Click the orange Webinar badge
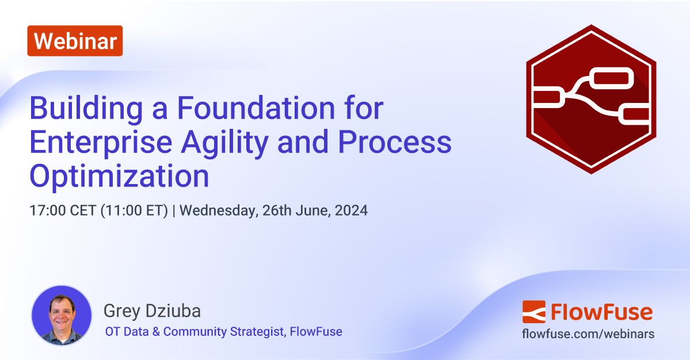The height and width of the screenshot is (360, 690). [x=75, y=41]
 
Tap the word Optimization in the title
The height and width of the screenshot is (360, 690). [x=119, y=177]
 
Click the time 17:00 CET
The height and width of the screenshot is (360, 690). [x=63, y=210]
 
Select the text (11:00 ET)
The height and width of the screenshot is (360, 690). [x=135, y=210]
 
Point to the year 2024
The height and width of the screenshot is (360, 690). [x=352, y=210]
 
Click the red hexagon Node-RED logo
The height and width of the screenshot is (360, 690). [x=591, y=99]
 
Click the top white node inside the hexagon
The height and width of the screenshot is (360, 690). [x=612, y=78]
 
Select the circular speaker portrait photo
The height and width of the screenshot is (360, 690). [x=61, y=315]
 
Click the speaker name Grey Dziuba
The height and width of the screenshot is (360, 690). [x=153, y=311]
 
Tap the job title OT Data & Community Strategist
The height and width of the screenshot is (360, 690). [x=195, y=332]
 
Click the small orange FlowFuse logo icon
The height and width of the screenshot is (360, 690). [x=533, y=312]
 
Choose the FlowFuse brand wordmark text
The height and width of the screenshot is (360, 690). [x=601, y=312]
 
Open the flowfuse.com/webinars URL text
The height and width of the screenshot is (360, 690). [x=588, y=334]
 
